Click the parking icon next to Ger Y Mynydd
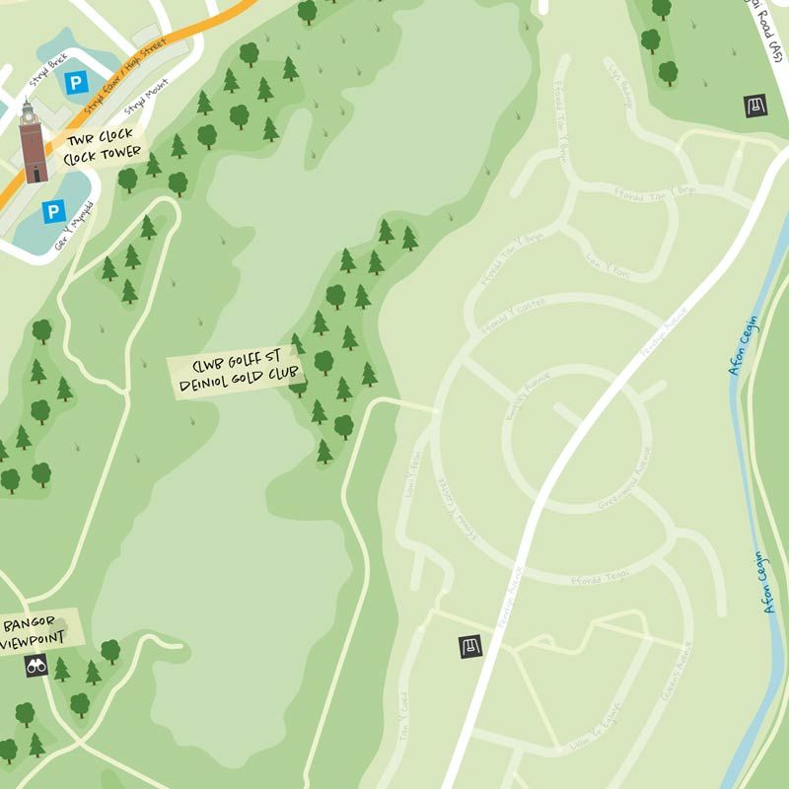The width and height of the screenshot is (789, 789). pyautogui.click(x=53, y=210)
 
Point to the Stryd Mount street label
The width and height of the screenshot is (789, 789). pyautogui.click(x=146, y=97)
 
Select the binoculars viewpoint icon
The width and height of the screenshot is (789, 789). pyautogui.click(x=36, y=666)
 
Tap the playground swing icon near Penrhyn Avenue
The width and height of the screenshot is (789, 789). pyautogui.click(x=470, y=647)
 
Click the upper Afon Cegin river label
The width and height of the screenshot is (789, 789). pyautogui.click(x=744, y=346)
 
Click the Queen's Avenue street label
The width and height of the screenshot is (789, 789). pyautogui.click(x=679, y=672)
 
